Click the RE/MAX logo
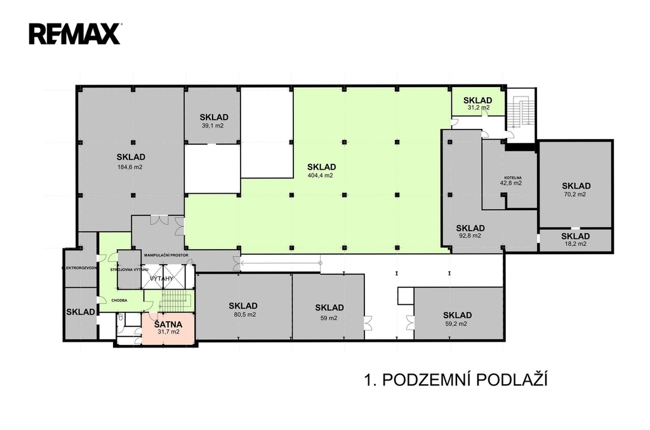[74, 33]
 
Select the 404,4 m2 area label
[320, 175]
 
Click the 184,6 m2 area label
[130, 167]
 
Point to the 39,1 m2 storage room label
[213, 126]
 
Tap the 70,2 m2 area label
[576, 194]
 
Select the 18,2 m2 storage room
[576, 239]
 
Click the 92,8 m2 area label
[470, 236]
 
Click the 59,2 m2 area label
[456, 323]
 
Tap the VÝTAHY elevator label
[161, 278]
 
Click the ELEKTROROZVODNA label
[79, 268]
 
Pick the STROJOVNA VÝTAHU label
[129, 270]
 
